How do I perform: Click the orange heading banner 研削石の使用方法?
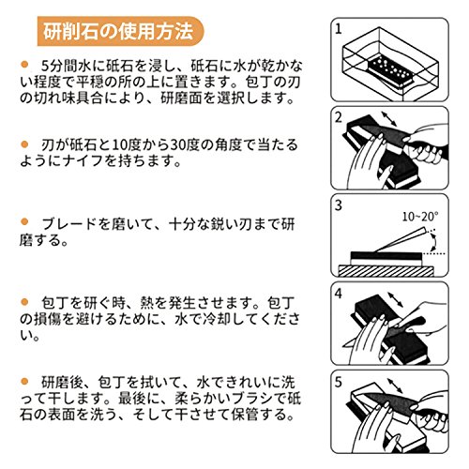pyautogui.click(x=120, y=31)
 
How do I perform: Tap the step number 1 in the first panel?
pyautogui.click(x=339, y=29)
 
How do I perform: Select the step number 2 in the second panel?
pyautogui.click(x=339, y=117)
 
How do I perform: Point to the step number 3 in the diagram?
pyautogui.click(x=339, y=205)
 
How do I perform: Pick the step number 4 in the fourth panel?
pyautogui.click(x=339, y=294)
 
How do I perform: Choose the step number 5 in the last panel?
pyautogui.click(x=339, y=382)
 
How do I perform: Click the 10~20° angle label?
pyautogui.click(x=420, y=217)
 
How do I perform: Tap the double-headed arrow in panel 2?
pyautogui.click(x=389, y=119)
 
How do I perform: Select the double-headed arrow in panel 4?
pyautogui.click(x=395, y=299)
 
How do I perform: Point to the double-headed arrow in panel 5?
pyautogui.click(x=395, y=386)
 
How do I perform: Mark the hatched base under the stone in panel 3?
pyautogui.click(x=386, y=271)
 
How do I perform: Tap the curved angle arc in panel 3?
pyautogui.click(x=433, y=241)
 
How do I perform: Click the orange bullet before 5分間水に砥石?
pyautogui.click(x=24, y=65)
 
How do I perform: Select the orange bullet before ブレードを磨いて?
pyautogui.click(x=24, y=222)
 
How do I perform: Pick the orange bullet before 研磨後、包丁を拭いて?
pyautogui.click(x=24, y=381)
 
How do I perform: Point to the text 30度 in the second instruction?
pyautogui.click(x=180, y=144)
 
